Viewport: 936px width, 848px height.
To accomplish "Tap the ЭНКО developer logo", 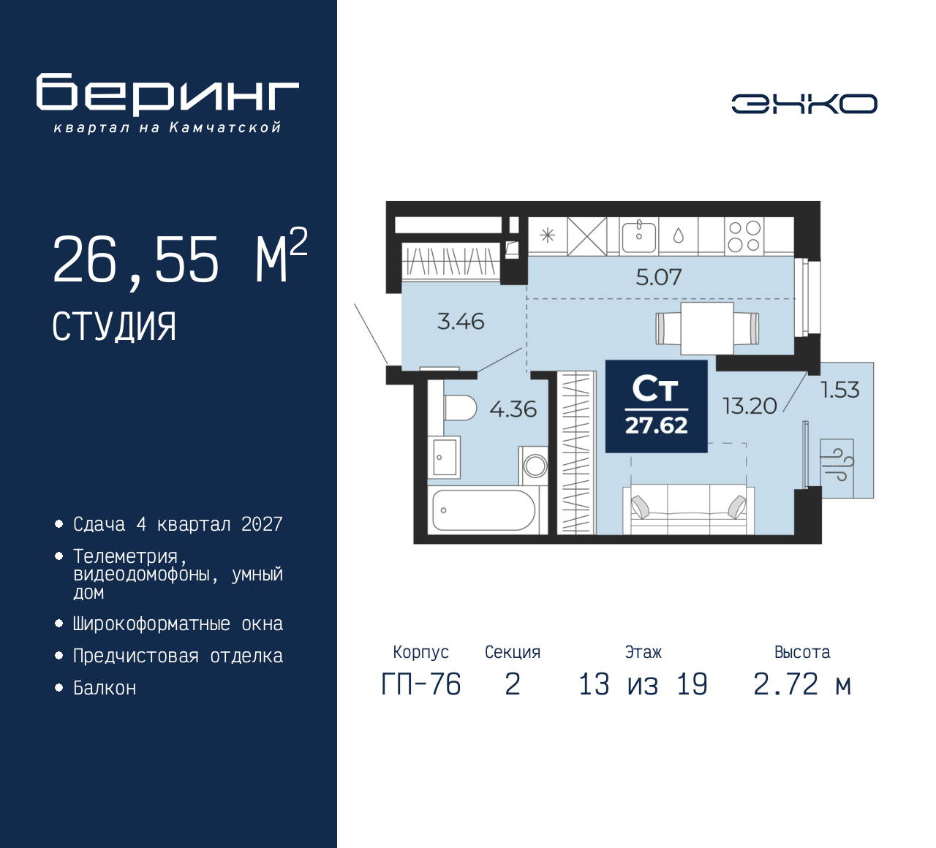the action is (x=804, y=104).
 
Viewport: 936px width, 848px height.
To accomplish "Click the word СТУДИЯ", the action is (x=114, y=327).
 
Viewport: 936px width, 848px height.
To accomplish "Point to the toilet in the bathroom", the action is (x=460, y=408).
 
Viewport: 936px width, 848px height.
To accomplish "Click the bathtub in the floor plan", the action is (x=483, y=510).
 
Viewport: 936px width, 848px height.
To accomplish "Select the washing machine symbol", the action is (x=535, y=466).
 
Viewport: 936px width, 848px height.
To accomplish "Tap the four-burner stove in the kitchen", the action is (x=744, y=236).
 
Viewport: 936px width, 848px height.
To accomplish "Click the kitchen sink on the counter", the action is (x=639, y=236).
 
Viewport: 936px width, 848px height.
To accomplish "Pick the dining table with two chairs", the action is (x=707, y=328).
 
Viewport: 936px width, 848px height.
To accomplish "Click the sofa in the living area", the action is (x=688, y=509).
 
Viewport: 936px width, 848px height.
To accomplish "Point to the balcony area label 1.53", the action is (x=840, y=390).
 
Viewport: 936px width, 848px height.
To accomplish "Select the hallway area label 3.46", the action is (x=461, y=322).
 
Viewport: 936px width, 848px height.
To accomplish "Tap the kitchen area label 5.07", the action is (x=659, y=277).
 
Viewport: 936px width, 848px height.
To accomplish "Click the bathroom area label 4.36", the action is (x=513, y=409).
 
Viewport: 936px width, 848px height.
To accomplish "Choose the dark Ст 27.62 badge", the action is (x=656, y=406).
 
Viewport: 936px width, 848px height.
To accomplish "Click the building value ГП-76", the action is (x=421, y=684).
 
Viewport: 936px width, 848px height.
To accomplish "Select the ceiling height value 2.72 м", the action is (x=802, y=684).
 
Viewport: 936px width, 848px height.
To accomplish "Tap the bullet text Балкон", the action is (x=105, y=688).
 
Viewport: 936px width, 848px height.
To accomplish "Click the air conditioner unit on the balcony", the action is (x=837, y=468).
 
